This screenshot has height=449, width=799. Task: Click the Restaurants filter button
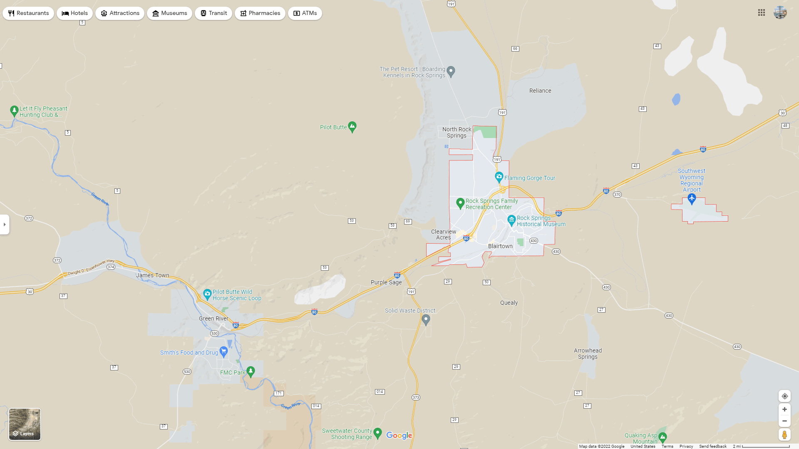click(28, 13)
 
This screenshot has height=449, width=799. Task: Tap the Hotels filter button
click(74, 13)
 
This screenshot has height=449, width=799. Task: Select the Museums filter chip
click(169, 13)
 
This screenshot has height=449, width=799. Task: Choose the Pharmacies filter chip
click(260, 13)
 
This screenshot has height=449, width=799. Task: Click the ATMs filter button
click(305, 13)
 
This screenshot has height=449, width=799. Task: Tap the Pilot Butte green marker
click(352, 126)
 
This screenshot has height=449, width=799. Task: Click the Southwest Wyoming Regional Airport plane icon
click(692, 199)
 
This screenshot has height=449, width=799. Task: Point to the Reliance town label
click(540, 91)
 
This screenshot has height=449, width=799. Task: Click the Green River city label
click(213, 318)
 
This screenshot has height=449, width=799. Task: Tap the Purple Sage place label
click(386, 282)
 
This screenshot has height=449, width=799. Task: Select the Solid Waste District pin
click(426, 319)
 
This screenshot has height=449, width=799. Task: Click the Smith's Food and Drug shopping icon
click(223, 352)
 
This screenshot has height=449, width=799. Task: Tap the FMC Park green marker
click(251, 371)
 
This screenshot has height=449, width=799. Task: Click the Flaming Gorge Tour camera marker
click(499, 177)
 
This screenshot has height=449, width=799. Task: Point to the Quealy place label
click(509, 303)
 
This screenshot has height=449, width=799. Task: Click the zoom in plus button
click(784, 410)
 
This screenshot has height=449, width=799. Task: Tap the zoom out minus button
click(784, 421)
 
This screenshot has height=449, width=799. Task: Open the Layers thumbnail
click(25, 424)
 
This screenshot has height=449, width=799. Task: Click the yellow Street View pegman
click(784, 435)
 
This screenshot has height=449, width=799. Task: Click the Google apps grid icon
click(762, 13)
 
